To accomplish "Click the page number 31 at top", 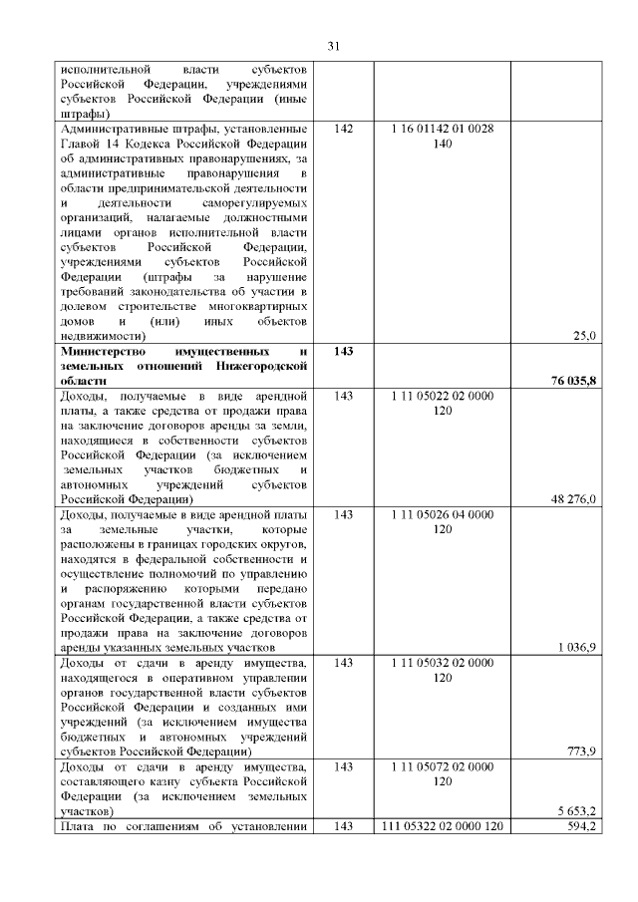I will coord(334,45).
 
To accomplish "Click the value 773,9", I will coord(581,751).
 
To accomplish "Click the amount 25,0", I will coord(584,336).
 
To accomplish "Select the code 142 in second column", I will coord(344,130).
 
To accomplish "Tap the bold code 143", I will coord(344,352).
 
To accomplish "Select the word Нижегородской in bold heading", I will coord(260,366).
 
